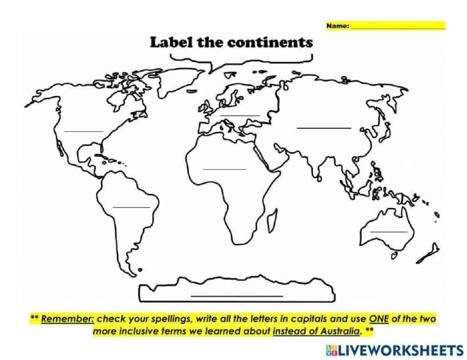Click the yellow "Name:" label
click(338, 26)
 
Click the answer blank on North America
click(83, 131)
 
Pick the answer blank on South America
click(131, 207)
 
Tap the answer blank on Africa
click(225, 169)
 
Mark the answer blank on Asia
click(324, 127)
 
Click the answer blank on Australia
click(389, 231)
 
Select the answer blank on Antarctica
click(237, 295)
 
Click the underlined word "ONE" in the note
click(377, 319)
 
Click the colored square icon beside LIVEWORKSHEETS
click(332, 349)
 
